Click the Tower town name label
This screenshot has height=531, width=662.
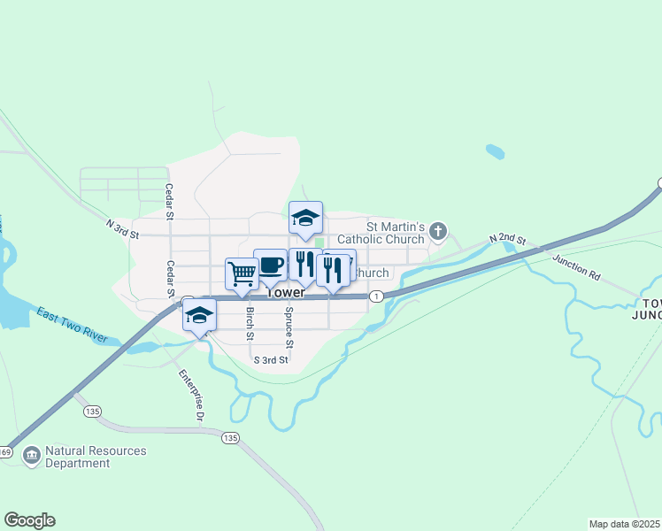(285, 292)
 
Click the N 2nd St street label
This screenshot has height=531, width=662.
(509, 240)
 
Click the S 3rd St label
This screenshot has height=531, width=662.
(271, 360)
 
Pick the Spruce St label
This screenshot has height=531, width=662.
(289, 327)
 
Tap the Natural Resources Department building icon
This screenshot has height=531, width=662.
(32, 456)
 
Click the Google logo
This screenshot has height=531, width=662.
(29, 520)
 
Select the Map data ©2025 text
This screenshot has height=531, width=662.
(624, 524)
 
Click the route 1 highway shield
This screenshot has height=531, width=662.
(377, 295)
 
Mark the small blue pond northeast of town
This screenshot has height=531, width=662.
(495, 151)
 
